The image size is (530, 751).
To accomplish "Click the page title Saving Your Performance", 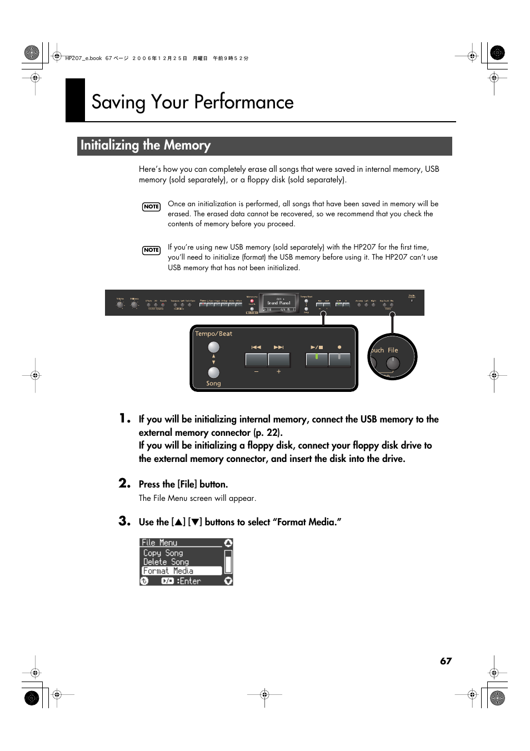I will click(x=192, y=102).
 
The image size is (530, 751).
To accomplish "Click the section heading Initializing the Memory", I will click(x=146, y=146).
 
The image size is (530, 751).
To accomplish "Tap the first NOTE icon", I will click(x=151, y=207).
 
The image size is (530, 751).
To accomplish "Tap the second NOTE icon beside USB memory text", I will click(x=151, y=250).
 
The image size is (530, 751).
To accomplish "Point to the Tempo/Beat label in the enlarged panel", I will click(x=213, y=334).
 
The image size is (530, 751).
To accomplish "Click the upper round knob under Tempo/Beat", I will click(x=213, y=347).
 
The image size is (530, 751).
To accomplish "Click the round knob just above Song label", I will click(x=213, y=372).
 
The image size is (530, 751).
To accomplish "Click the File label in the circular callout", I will click(x=393, y=350).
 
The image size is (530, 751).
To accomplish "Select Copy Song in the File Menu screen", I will click(x=163, y=553).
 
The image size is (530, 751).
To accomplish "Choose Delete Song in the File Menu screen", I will click(x=166, y=562).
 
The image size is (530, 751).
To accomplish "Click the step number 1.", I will click(x=124, y=419).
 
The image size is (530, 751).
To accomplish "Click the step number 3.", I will click(x=124, y=521).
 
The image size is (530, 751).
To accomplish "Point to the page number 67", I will click(x=446, y=661).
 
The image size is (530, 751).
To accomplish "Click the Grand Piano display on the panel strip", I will click(x=279, y=303).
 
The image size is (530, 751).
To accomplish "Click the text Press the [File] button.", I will click(x=183, y=484).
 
